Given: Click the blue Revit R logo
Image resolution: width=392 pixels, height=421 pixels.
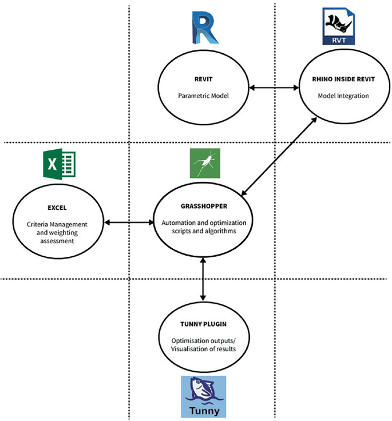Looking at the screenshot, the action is pos(205,27).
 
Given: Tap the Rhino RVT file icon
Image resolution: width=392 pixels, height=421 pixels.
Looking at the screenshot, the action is pos(339,26).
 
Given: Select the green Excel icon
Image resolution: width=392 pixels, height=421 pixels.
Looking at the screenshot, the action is pos(59,164).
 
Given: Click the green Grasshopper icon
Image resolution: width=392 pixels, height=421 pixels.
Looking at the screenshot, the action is pos(205,163).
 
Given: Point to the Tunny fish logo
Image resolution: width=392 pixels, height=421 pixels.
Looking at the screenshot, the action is pos(203,396).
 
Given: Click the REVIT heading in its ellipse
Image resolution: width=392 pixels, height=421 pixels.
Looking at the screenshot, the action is pos(203,79).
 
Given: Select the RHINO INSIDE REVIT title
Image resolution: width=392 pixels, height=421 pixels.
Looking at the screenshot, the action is pos(343,79).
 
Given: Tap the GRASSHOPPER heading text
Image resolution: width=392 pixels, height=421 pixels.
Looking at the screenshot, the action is pos(204,206).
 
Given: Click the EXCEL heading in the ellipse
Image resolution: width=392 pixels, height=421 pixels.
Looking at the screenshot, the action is pos(57,208).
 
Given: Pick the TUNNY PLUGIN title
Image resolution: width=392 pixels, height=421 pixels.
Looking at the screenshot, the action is pos(203,324).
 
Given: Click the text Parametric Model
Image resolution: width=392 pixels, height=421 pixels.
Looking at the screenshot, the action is pos(203,96).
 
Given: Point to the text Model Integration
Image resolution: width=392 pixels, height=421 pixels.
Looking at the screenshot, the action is pos(343,96).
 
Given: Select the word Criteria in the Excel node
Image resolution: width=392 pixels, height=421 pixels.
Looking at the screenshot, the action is pos(37,224).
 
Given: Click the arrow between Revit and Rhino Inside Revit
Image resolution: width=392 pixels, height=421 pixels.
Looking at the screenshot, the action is pos(274,88).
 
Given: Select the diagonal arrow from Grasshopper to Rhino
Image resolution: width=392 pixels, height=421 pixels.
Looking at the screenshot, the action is pos(279,157).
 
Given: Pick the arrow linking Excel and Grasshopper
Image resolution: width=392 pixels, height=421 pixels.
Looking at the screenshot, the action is pos(129,223).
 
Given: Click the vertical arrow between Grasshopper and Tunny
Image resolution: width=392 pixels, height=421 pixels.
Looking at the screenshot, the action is pos(203,279).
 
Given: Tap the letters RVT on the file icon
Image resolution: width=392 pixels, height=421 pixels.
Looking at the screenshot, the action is pos(339,41).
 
